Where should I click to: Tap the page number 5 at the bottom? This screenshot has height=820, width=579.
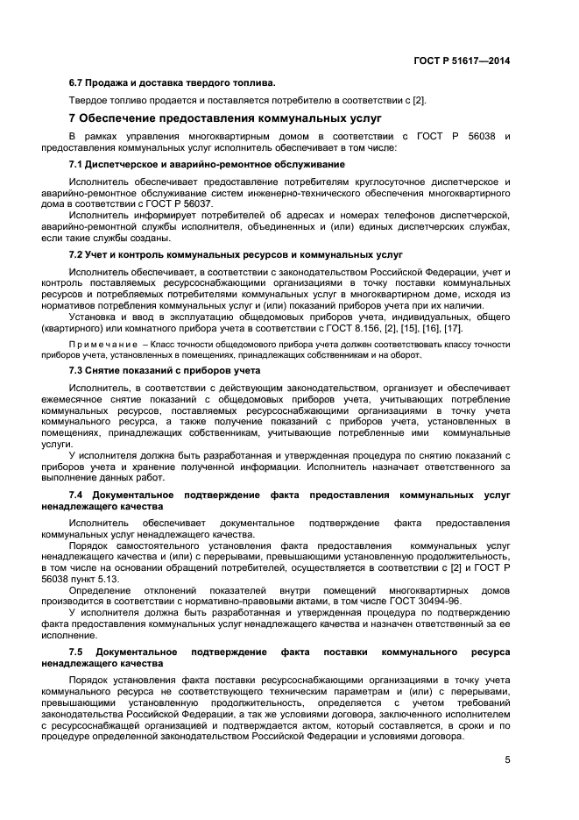click(507, 760)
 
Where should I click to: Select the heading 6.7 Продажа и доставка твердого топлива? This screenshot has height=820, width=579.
click(172, 83)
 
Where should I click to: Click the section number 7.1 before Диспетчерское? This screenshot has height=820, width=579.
click(76, 164)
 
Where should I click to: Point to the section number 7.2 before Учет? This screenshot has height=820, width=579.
click(76, 254)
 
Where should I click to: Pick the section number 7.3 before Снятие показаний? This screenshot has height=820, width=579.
click(76, 370)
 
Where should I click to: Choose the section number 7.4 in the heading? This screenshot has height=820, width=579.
click(76, 496)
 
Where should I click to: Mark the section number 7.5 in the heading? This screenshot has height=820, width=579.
click(76, 653)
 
